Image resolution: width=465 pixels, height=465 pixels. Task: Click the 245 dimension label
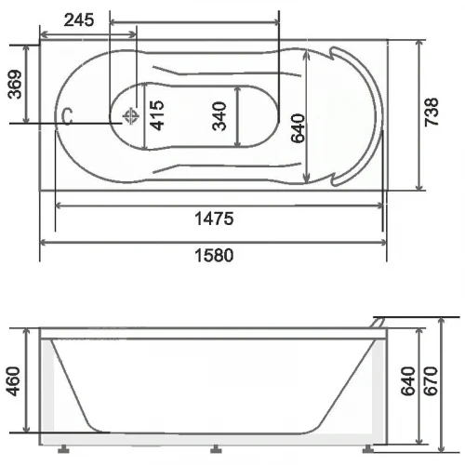pyautogui.click(x=79, y=20)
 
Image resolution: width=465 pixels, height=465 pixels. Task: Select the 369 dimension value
pyautogui.click(x=15, y=85)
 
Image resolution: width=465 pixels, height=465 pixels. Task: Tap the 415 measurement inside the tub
pyautogui.click(x=157, y=115)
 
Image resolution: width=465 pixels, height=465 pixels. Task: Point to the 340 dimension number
pyautogui.click(x=219, y=116)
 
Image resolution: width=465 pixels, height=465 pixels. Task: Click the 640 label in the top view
pyautogui.click(x=298, y=128)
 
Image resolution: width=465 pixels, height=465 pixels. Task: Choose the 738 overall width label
pyautogui.click(x=432, y=112)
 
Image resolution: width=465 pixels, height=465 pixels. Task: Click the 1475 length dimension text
pyautogui.click(x=214, y=219)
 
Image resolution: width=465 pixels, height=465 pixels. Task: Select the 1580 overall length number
pyautogui.click(x=214, y=256)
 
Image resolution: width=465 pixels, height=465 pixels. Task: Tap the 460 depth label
pyautogui.click(x=14, y=381)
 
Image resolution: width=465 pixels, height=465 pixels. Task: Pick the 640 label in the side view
pyautogui.click(x=407, y=381)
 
